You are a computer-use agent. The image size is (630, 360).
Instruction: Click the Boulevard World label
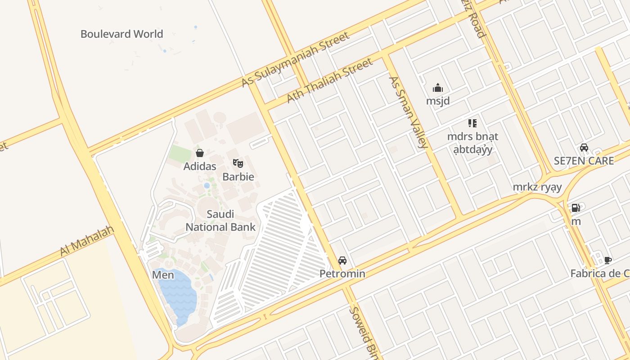coord(121,34)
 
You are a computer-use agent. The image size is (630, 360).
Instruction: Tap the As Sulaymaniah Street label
coord(295,59)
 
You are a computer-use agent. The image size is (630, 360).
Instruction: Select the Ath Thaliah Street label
coord(330,80)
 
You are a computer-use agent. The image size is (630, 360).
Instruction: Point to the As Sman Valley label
coord(408,112)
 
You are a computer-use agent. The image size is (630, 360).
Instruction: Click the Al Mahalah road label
coord(87,242)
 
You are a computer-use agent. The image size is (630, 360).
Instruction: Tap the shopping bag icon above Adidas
coord(200,153)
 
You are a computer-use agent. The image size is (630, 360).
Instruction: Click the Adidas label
coord(200,166)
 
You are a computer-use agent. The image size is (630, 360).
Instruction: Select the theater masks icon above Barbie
coord(238,163)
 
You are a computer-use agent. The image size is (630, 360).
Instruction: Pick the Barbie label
coord(238,177)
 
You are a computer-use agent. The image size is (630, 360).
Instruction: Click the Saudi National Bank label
coord(220,220)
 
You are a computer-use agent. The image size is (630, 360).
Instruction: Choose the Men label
coord(163,274)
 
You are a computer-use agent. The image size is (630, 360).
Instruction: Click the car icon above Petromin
coord(342,260)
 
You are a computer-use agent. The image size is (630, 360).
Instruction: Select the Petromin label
coord(342,274)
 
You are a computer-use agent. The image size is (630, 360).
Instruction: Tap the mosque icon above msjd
coord(438,88)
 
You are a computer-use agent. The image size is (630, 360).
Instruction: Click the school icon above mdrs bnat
coord(472,123)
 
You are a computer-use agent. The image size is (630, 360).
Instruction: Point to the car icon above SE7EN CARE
coord(584,147)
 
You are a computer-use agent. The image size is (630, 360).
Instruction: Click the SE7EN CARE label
coord(584,161)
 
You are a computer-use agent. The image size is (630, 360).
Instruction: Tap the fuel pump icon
coord(576,208)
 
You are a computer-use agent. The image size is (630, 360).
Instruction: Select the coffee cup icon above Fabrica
coord(608,260)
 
